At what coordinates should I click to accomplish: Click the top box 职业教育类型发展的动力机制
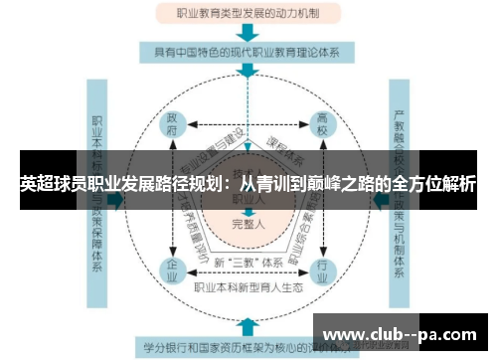coord(248,14)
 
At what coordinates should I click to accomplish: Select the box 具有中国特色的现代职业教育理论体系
coord(248,51)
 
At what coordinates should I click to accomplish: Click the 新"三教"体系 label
coord(248,261)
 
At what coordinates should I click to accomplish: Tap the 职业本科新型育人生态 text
coord(248,287)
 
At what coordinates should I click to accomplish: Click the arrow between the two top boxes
coord(248,32)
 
